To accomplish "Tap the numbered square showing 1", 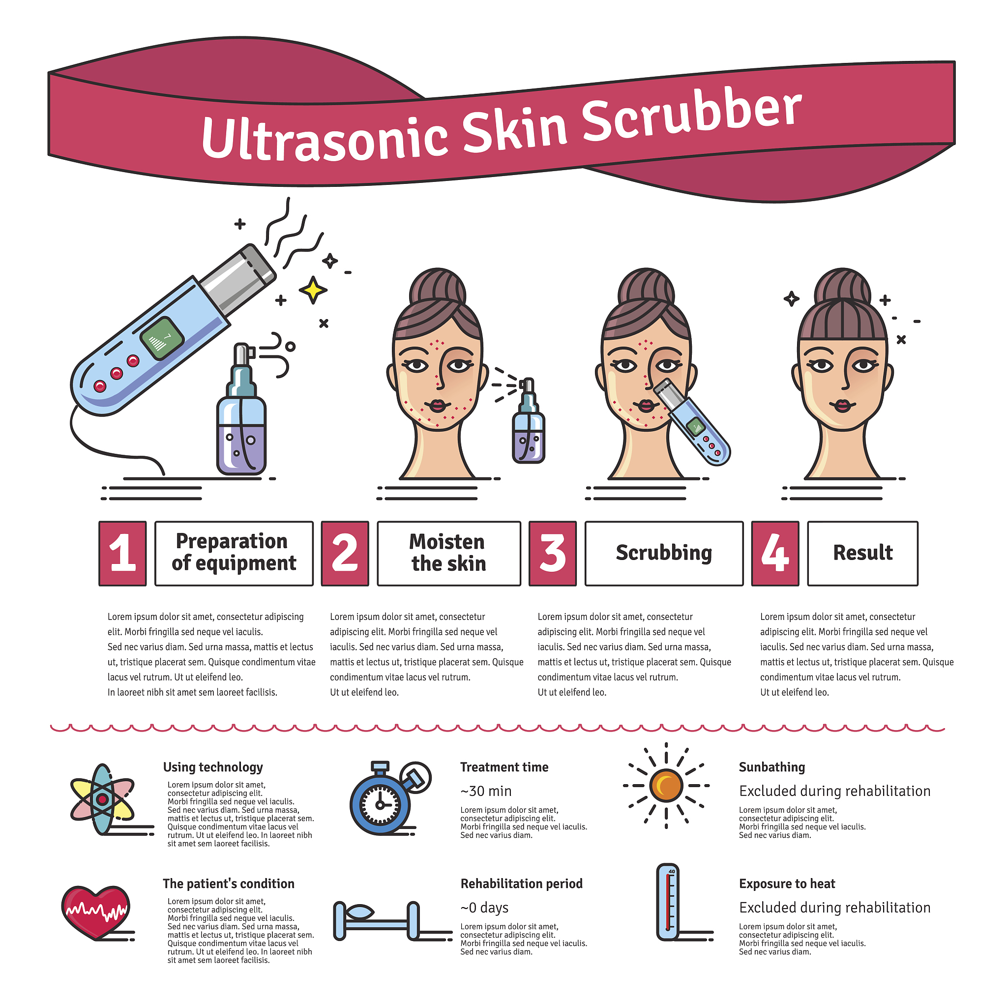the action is click(122, 554).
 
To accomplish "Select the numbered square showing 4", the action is click(775, 554).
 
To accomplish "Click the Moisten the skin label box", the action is click(449, 554).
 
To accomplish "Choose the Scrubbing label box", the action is click(664, 554).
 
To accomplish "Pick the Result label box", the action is click(862, 554).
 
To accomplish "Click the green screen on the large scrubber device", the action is click(162, 338).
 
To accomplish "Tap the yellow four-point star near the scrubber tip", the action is click(313, 290).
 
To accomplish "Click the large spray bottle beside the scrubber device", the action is click(241, 409).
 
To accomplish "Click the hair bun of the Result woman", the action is click(843, 286).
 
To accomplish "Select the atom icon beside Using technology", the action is click(102, 799).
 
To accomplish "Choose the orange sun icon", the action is click(666, 785).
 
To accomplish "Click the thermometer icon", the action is click(668, 903).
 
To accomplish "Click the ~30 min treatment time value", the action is click(486, 791).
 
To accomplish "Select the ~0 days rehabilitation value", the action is click(484, 908).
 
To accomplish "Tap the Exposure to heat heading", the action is click(787, 884).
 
